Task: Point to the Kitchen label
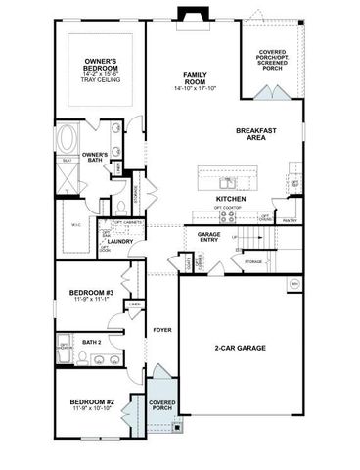(x=230, y=199)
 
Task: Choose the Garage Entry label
(x=208, y=237)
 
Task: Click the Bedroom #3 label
(x=93, y=293)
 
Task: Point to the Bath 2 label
(x=92, y=342)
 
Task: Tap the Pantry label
(x=290, y=221)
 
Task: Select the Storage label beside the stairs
(x=253, y=263)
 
